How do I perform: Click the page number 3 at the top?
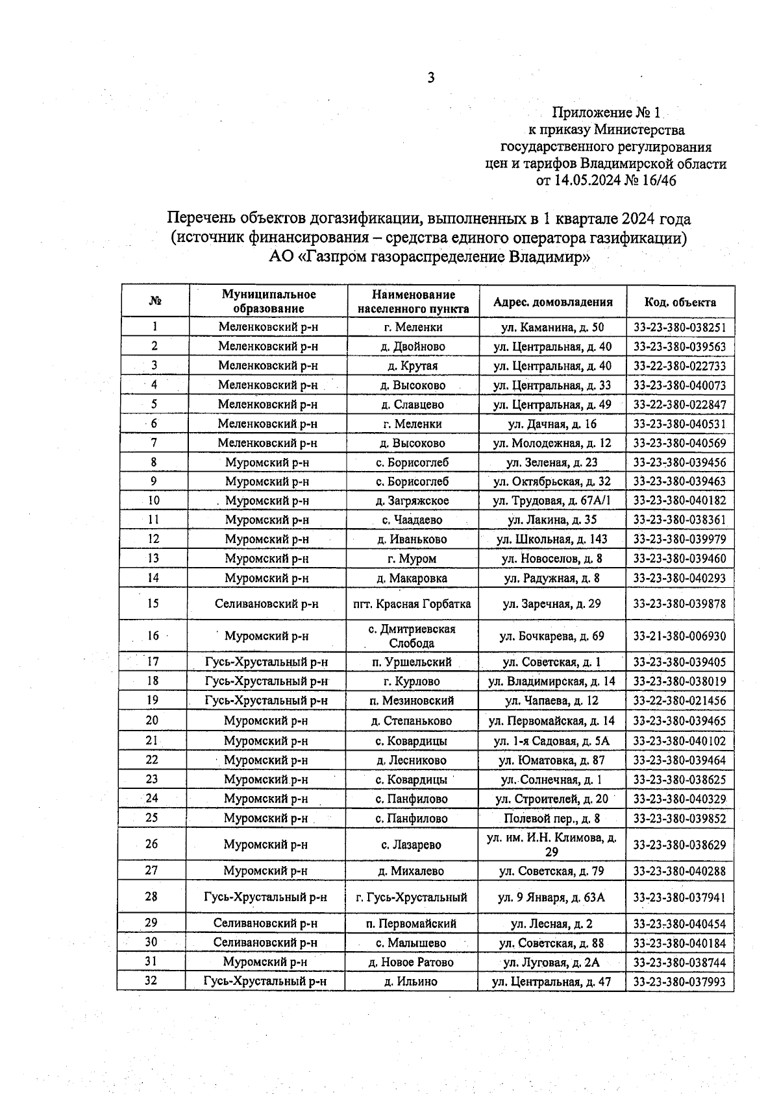click(x=431, y=79)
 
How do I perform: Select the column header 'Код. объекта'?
click(x=680, y=302)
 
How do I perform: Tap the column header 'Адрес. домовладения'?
click(x=552, y=302)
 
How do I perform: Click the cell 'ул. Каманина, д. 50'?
click(x=552, y=328)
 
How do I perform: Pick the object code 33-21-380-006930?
click(x=680, y=636)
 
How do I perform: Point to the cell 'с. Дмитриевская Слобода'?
click(x=412, y=636)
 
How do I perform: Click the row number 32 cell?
click(x=151, y=981)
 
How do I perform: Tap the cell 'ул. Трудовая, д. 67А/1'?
click(x=552, y=501)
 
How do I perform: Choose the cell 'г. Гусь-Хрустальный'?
click(x=412, y=898)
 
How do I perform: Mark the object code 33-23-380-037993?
click(x=680, y=982)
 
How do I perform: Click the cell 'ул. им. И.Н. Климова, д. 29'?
click(x=552, y=845)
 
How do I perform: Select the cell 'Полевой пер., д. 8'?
click(x=552, y=819)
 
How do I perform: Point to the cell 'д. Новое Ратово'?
click(x=412, y=963)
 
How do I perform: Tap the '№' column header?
click(x=155, y=302)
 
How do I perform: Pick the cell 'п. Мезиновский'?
click(x=412, y=701)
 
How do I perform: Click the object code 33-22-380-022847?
click(x=680, y=405)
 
